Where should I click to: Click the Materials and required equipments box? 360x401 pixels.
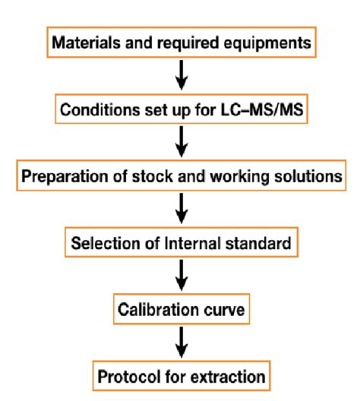pos(181,43)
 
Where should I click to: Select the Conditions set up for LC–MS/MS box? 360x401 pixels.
pos(181,109)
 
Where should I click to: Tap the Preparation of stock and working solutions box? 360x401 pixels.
pos(181,176)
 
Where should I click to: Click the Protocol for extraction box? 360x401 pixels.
pos(181,377)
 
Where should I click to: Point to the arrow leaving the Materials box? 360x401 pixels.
pos(181,76)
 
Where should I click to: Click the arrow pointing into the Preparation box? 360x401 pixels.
pos(181,143)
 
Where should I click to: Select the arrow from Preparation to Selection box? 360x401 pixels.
pos(181,210)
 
